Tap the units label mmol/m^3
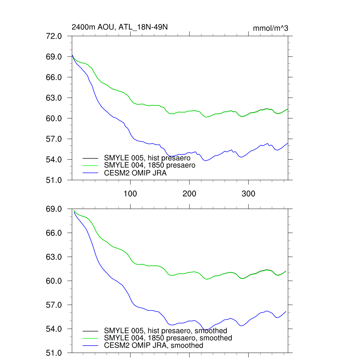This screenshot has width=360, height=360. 270,28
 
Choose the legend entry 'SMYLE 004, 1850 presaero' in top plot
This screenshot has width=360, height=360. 149,165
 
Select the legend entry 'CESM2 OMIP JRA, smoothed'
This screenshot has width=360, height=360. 154,345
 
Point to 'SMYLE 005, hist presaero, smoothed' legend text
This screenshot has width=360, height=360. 166,330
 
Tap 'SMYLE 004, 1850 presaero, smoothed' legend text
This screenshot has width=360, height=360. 168,338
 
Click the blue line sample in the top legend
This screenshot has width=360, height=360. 91,173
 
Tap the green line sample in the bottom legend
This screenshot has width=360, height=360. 91,338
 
